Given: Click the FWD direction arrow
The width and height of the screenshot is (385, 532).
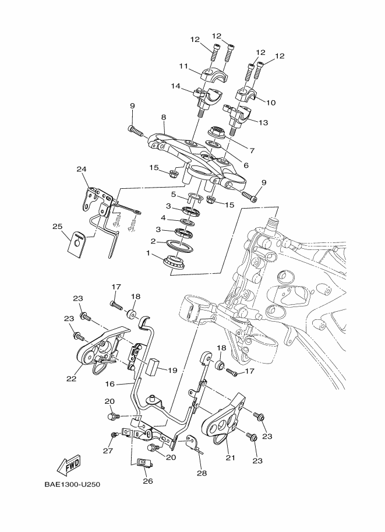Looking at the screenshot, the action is tap(69, 464).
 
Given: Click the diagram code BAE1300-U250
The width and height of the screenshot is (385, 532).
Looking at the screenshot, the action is tap(72, 484).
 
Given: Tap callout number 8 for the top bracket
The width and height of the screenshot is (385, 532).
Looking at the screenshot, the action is tap(164, 117).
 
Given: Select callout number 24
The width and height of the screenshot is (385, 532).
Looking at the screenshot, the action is tap(81, 170).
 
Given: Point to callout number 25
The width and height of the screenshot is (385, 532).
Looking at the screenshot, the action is tap(58, 226).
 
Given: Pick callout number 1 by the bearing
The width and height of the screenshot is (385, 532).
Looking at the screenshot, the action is tap(148, 253).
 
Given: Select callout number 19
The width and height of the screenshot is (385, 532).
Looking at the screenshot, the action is tap(172, 370).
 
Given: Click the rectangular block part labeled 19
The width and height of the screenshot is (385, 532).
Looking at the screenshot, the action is tap(153, 367).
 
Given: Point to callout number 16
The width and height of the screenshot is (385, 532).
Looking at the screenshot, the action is tap(110, 384).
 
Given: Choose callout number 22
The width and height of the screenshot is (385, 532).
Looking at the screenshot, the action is tap(71, 379).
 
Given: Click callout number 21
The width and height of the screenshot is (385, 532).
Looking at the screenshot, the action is tap(231, 457).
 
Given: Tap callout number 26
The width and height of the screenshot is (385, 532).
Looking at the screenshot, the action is tap(148, 481).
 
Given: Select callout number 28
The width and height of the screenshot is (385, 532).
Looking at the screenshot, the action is tap(202, 473).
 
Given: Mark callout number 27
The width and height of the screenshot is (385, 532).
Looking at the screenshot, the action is tap(108, 450).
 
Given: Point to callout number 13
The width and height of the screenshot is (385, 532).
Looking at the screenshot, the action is tap(263, 122).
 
